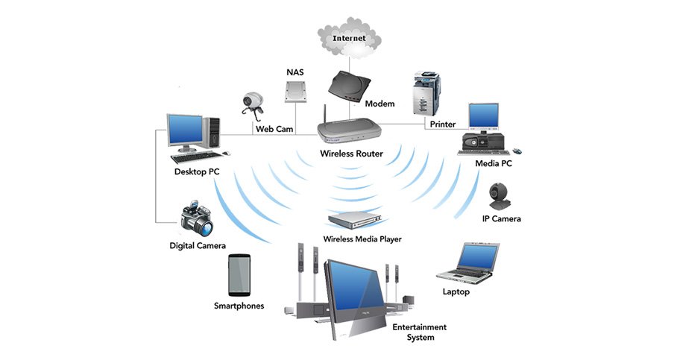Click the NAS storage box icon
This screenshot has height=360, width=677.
[294, 93]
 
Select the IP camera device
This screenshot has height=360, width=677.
[500, 195]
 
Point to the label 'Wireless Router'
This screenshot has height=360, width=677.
[351, 154]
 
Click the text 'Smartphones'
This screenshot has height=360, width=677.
[239, 306]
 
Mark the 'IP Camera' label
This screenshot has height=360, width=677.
[501, 219]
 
